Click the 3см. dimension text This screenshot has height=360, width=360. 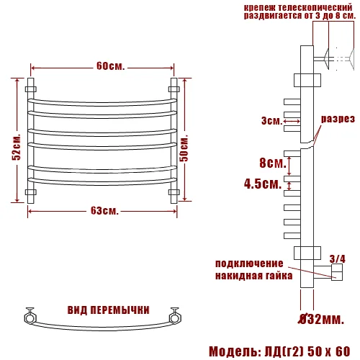(x=271, y=121)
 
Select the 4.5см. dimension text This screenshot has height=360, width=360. (x=262, y=184)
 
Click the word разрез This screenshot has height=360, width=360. (x=338, y=119)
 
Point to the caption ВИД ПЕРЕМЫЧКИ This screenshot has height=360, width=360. (x=108, y=310)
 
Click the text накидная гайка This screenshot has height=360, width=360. (x=253, y=275)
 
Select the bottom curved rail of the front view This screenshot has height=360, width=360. (x=102, y=182)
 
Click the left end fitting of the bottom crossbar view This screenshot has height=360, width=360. (x=30, y=315)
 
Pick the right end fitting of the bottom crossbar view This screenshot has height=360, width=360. (x=175, y=315)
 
